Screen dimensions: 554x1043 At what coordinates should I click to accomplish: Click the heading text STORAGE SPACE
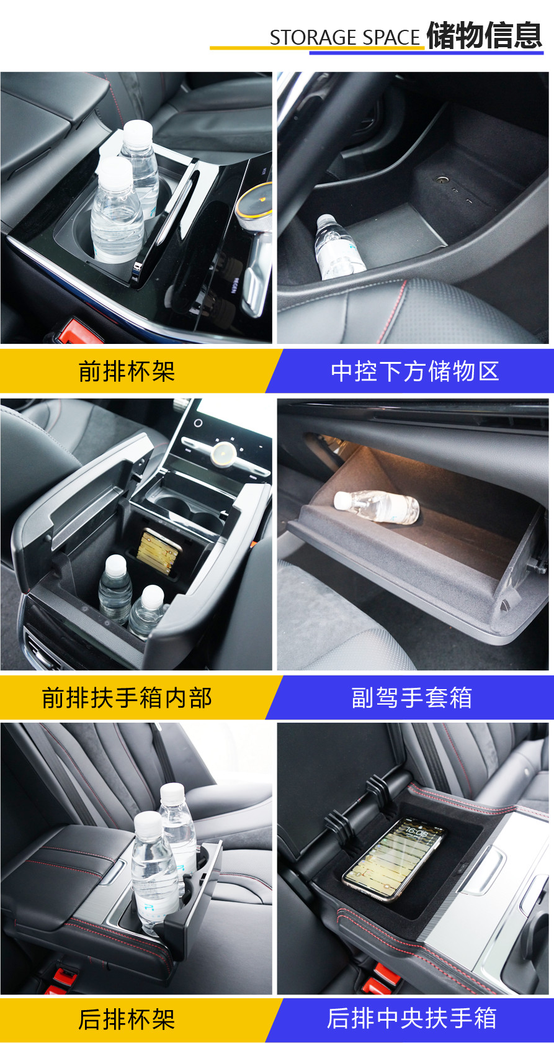point(345,38)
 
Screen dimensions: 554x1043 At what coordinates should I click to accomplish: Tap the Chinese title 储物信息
point(485,35)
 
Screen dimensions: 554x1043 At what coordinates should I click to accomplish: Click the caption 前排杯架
point(127,371)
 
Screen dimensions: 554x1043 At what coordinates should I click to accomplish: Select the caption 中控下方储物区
point(415,371)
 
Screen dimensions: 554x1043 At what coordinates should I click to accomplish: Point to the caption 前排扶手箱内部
point(127,698)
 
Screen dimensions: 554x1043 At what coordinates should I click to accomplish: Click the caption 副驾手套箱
point(412,698)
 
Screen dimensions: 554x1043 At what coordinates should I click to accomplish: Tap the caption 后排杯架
point(127,1019)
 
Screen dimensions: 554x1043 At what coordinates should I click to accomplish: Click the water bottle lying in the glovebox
point(377,507)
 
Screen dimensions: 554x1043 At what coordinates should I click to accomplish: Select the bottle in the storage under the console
point(339,247)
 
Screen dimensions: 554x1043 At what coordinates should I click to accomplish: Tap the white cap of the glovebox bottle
point(342,500)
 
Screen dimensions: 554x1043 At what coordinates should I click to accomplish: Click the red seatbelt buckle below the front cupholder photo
point(78,330)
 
